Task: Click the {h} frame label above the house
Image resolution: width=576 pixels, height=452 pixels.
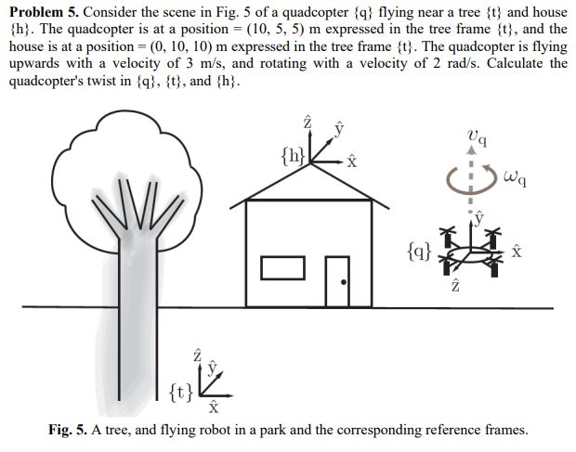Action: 292,155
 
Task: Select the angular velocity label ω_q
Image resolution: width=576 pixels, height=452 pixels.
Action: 520,174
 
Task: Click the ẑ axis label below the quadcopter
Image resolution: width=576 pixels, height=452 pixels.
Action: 455,288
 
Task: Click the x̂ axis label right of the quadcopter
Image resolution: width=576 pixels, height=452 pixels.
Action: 518,252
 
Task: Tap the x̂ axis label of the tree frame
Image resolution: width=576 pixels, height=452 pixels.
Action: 213,406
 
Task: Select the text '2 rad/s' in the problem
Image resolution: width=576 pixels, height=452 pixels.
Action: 461,62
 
